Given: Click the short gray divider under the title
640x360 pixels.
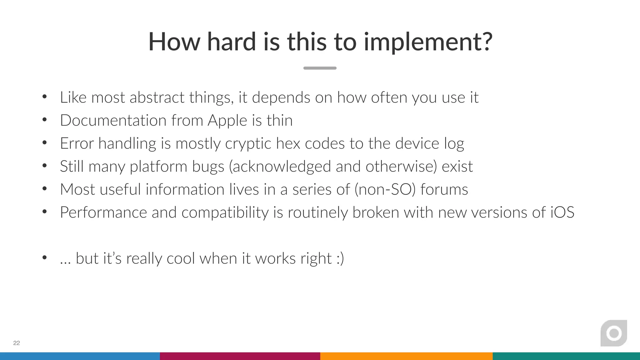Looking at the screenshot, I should click(320, 68).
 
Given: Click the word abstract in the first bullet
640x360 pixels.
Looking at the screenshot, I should click(157, 97).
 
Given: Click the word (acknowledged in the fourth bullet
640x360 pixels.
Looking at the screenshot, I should click(280, 167).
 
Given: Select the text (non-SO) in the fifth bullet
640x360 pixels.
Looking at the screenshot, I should click(385, 189).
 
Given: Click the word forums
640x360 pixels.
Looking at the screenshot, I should click(444, 189).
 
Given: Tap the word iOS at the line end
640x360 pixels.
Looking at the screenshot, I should click(562, 212).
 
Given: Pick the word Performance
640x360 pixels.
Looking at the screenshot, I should click(103, 212).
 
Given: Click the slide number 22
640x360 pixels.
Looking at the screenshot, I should click(17, 343).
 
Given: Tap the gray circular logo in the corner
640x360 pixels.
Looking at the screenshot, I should click(614, 333).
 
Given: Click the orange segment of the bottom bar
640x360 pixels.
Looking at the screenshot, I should click(406, 356).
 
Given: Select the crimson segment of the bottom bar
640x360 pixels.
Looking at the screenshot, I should click(240, 356).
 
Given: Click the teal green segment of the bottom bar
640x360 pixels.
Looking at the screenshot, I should click(566, 356).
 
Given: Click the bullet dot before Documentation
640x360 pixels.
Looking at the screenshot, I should click(44, 120).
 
